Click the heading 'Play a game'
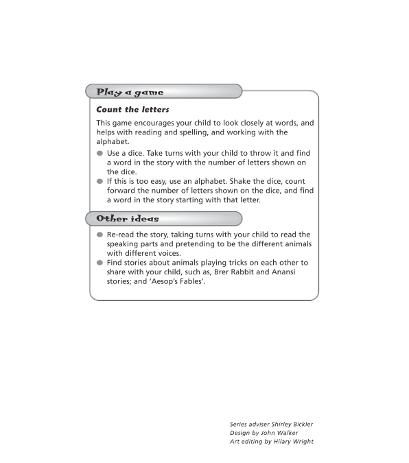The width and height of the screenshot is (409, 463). pos(130,91)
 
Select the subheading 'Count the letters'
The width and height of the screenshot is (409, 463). pos(132,109)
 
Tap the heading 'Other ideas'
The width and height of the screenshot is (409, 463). pos(128,219)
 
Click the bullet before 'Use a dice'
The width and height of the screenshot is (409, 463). pos(100,153)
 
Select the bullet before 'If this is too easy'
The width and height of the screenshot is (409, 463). pos(100,181)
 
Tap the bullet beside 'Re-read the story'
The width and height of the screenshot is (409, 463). pos(100,235)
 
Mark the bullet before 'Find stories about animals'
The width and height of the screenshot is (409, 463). pos(100,263)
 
